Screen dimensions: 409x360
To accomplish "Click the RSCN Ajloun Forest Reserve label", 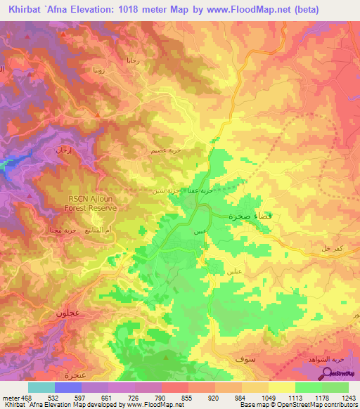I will click(94, 203).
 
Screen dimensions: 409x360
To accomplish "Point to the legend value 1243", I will click(349, 397).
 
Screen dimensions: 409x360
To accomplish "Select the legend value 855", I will click(186, 397).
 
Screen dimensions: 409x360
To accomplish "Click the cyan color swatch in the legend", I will click(41, 387).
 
